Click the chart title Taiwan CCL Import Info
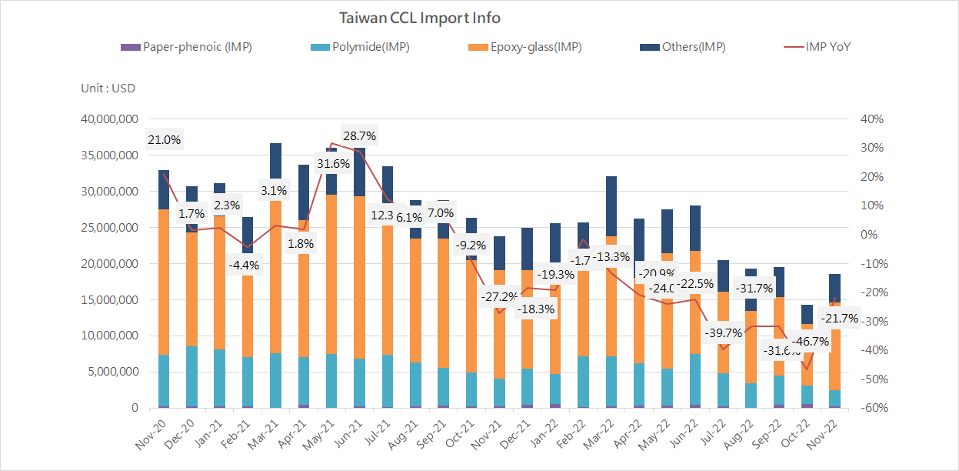(x=420, y=18)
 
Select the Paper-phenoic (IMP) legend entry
(x=187, y=47)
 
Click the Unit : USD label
(x=108, y=88)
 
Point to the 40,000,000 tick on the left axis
(x=107, y=119)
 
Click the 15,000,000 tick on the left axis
(x=107, y=299)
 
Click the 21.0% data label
(x=164, y=140)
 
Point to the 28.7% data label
(x=359, y=136)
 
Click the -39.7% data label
(x=723, y=333)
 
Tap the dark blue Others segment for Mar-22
(x=611, y=205)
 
